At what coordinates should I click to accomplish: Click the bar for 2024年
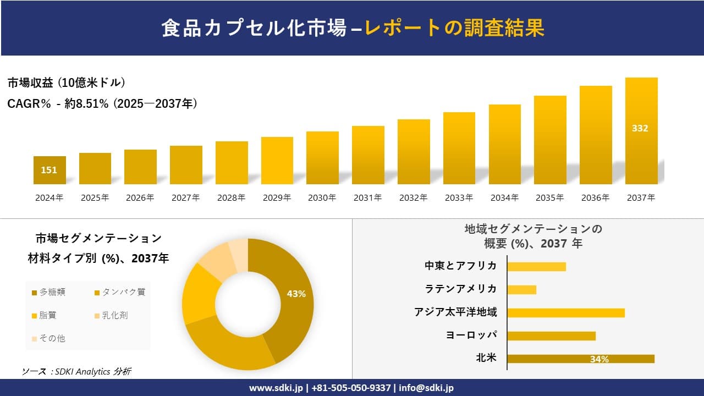[x=50, y=170]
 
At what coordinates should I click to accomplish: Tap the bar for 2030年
[x=322, y=158]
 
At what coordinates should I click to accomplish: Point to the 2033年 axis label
[x=459, y=198]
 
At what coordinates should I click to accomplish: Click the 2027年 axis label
[x=185, y=198]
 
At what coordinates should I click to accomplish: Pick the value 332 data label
[x=640, y=128]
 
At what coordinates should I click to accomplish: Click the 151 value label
[x=49, y=170]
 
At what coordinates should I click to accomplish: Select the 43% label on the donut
[x=296, y=294]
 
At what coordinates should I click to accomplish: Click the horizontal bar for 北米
[x=580, y=359]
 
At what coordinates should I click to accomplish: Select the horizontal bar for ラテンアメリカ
[x=521, y=289]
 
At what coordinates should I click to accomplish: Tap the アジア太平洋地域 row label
[x=455, y=312]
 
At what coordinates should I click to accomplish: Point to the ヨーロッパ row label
[x=471, y=335]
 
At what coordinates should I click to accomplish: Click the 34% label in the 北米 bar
[x=599, y=359]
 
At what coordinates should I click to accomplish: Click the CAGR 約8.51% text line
[x=102, y=103]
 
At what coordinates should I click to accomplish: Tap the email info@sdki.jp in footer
[x=426, y=388]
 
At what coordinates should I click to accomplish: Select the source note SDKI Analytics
[x=76, y=372]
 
